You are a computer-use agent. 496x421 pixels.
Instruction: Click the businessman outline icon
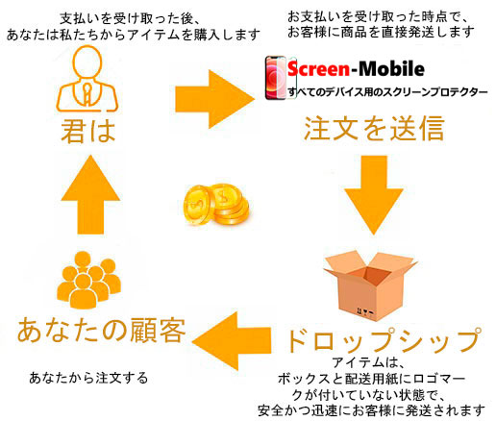87,79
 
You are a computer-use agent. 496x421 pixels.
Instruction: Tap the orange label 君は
88,131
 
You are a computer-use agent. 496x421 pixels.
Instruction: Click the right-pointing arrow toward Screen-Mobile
214,99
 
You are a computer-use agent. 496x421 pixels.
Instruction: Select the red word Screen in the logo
318,69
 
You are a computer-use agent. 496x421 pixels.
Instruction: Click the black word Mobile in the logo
391,68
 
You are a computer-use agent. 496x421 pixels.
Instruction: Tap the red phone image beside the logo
276,78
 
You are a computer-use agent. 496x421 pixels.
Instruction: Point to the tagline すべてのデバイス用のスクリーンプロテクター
387,92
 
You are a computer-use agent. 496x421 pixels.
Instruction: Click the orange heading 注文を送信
374,129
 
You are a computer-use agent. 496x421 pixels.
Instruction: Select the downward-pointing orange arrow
374,195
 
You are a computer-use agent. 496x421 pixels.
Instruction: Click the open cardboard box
370,286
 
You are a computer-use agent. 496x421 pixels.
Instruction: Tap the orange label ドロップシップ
384,340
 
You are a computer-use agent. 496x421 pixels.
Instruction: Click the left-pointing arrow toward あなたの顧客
232,341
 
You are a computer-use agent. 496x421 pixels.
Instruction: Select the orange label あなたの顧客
101,331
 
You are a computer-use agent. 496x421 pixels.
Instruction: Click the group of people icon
88,280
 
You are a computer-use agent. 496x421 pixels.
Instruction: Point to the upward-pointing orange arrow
90,194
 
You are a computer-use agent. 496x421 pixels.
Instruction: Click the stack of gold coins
216,205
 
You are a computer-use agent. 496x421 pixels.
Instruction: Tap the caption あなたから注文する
88,378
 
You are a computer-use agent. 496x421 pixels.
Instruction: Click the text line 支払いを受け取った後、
130,19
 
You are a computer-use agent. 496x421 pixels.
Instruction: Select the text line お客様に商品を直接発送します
381,32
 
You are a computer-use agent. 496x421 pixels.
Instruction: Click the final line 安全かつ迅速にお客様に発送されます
371,411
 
